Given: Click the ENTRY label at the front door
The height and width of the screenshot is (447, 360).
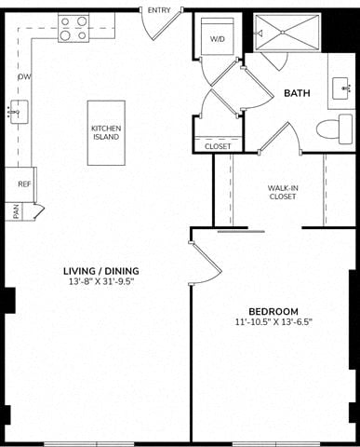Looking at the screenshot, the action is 159,10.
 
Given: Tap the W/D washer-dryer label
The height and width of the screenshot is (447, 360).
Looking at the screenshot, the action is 217,39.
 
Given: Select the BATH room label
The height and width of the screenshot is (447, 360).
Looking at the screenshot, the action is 297,93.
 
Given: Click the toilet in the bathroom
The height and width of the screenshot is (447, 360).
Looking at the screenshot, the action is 334,129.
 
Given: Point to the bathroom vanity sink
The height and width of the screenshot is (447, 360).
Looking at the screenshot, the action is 341,88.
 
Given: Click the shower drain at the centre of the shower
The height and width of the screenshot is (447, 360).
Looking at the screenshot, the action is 283,33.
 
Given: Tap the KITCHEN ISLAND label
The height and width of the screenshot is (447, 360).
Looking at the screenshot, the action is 106,132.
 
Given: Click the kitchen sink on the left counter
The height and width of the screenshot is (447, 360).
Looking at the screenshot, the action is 20,112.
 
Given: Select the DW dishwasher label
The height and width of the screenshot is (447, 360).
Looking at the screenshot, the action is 24,76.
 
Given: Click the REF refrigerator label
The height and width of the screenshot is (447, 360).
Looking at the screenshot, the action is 24,184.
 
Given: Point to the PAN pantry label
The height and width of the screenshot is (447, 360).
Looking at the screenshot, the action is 16,211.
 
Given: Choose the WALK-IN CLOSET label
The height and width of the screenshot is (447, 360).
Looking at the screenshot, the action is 283,192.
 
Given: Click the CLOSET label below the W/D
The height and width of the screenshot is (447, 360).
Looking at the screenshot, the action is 218,146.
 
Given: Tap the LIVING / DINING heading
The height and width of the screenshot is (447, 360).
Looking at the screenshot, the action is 101,271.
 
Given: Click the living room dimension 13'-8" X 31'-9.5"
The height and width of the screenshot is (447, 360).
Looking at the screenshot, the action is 101,282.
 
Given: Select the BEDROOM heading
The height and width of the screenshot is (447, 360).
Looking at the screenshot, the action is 273,311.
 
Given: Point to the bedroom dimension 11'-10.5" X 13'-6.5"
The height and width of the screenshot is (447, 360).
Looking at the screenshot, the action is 273,322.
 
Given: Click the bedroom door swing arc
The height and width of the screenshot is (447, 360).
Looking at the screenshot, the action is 210,280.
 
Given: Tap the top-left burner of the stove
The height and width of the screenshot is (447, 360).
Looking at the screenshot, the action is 65,21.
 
